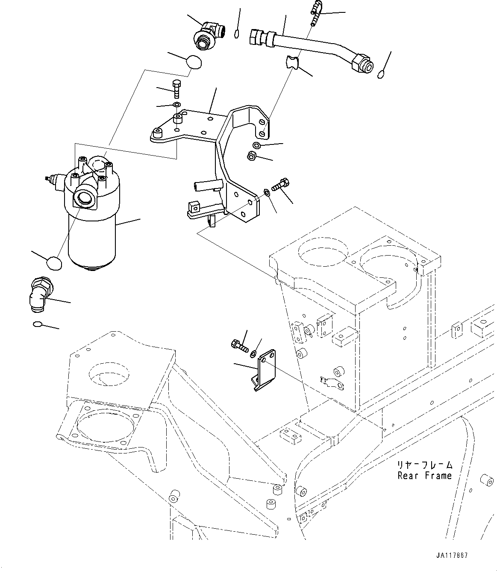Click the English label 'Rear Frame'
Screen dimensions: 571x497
click(424, 475)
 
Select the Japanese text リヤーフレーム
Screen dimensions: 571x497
click(424, 465)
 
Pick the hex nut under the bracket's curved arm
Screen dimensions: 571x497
click(252, 156)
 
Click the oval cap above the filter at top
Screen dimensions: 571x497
click(194, 62)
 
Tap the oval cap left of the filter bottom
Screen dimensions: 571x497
click(53, 263)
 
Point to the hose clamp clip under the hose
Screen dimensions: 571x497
click(292, 62)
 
